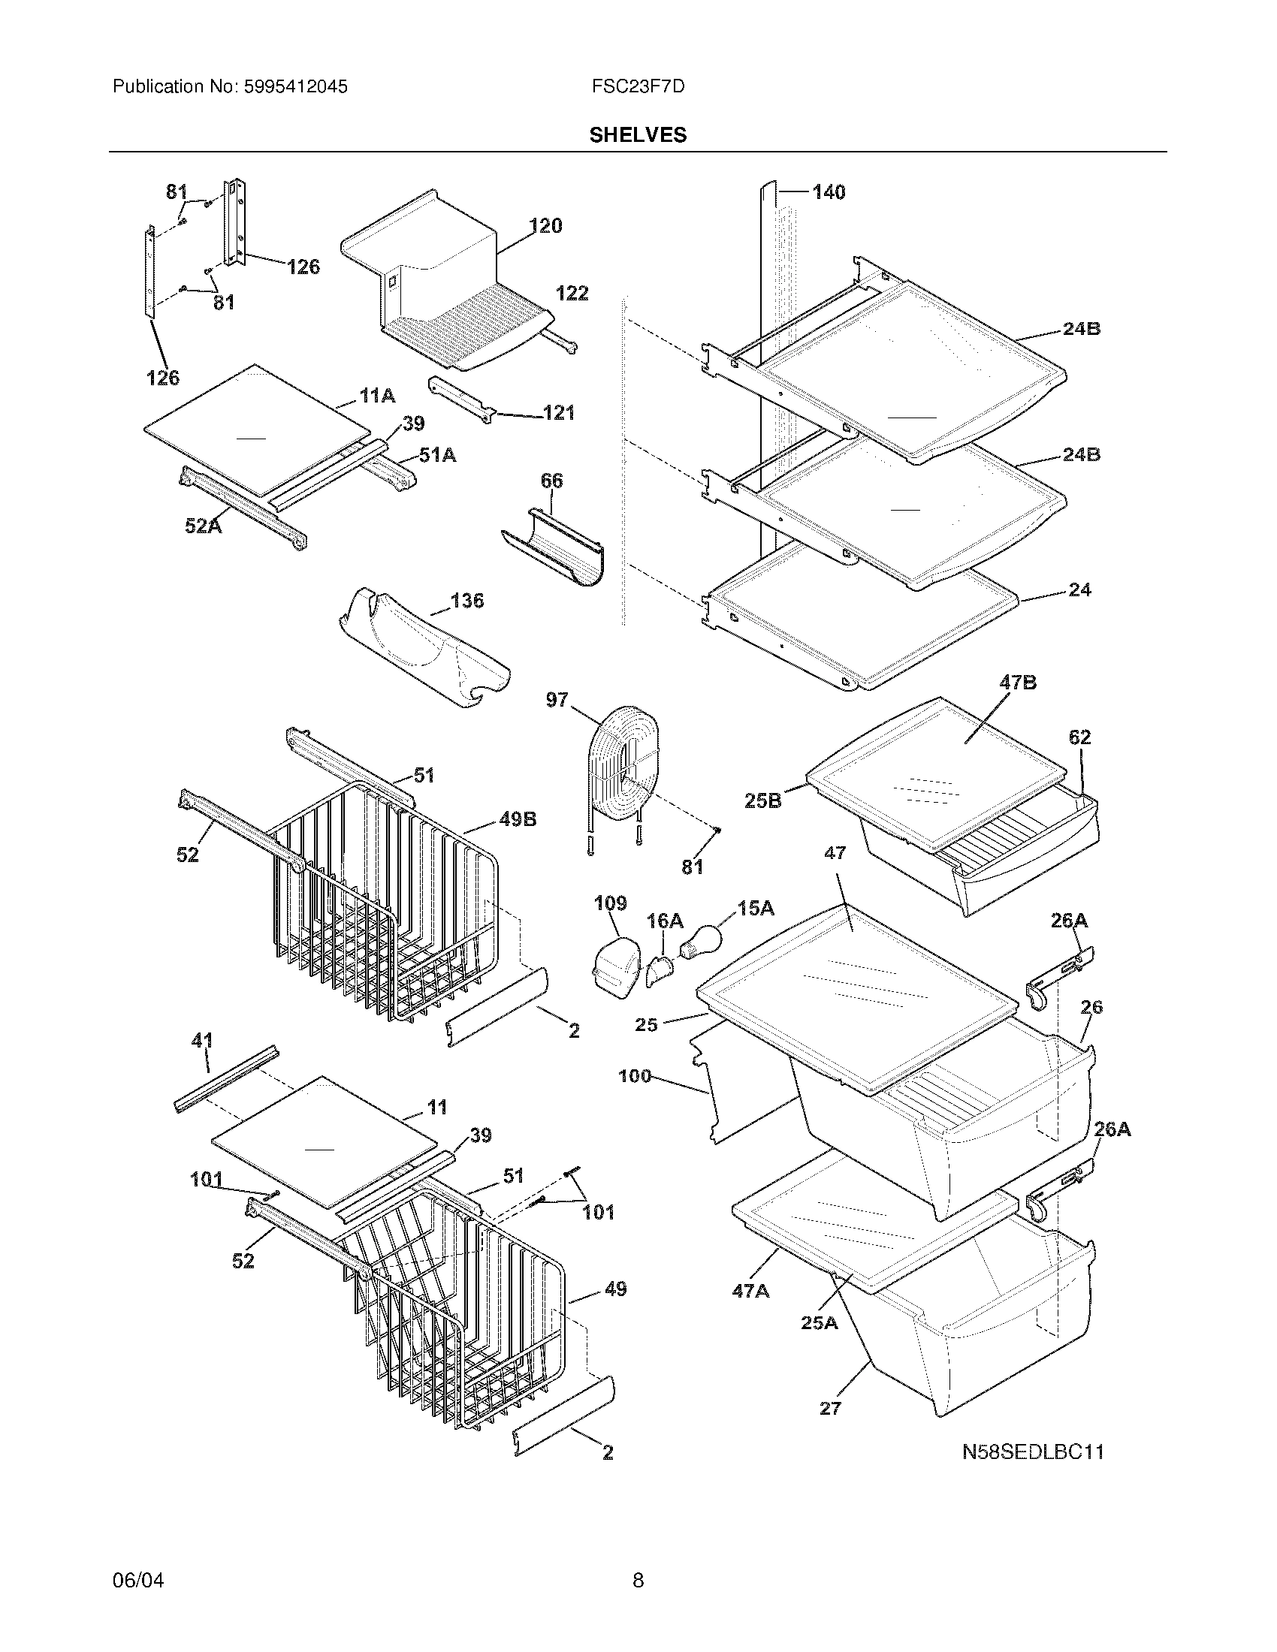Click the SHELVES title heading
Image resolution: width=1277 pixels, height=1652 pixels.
638,134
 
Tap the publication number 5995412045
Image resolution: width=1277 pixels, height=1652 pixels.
294,87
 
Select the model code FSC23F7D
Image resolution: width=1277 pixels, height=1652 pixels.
638,87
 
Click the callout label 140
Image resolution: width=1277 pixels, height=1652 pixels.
829,192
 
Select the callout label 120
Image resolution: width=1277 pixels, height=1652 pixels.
545,225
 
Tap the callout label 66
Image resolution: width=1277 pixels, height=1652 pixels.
551,481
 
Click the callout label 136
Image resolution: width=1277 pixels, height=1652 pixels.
466,601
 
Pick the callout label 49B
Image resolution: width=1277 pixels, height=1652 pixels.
518,819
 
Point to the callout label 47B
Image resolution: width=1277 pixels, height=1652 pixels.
1018,683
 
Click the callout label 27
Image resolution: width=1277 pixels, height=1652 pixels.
830,1408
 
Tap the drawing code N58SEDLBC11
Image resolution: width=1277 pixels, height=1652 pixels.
1033,1452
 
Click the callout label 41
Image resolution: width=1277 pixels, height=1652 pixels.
202,1040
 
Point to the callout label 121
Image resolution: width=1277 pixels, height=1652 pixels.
559,413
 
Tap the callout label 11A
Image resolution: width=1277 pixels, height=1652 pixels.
377,395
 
